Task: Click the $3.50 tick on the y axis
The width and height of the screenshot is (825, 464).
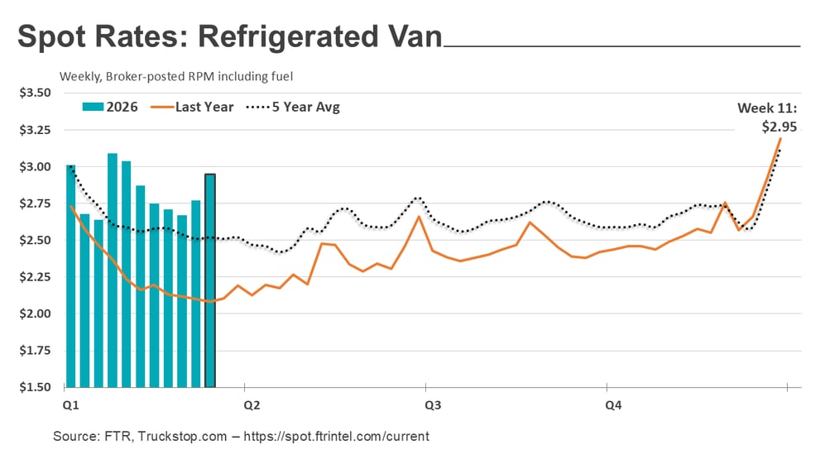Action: pyautogui.click(x=35, y=93)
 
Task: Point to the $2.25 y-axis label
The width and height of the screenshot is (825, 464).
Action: pyautogui.click(x=35, y=277)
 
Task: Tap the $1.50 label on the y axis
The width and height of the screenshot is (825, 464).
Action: pyautogui.click(x=35, y=387)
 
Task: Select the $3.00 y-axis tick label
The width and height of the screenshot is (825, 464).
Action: pyautogui.click(x=35, y=166)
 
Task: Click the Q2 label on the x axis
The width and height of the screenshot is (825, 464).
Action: pyautogui.click(x=252, y=405)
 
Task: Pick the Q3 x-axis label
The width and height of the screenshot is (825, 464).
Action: pyautogui.click(x=432, y=405)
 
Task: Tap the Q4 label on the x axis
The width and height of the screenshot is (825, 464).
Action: pyautogui.click(x=613, y=405)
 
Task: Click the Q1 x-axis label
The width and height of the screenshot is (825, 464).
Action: pyautogui.click(x=70, y=405)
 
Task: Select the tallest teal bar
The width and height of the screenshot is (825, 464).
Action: pyautogui.click(x=113, y=270)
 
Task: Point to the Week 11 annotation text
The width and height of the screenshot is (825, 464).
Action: pyautogui.click(x=767, y=108)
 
